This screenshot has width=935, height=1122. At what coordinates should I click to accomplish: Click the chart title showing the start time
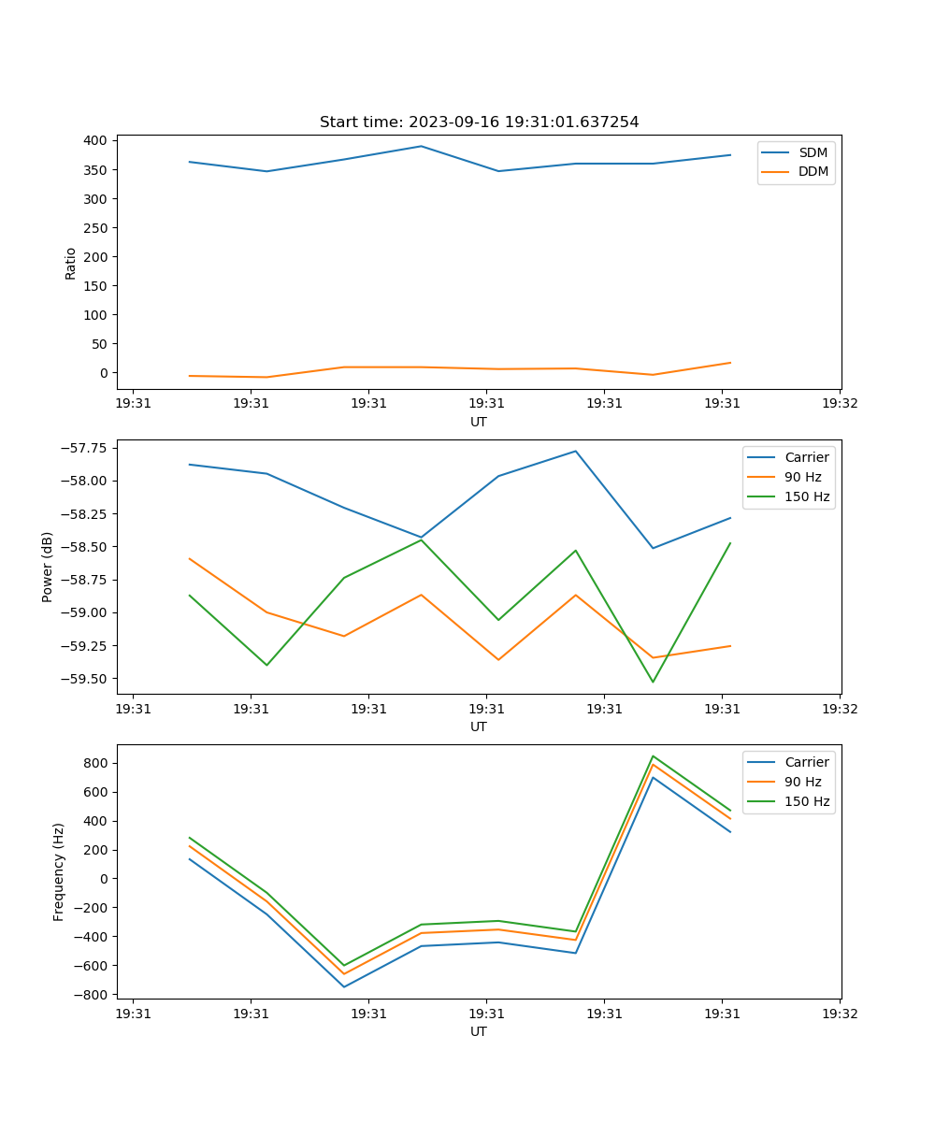point(479,122)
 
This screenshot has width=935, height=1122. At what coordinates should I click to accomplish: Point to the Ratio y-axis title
point(71,263)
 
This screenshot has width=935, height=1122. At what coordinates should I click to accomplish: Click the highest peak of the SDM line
point(421,146)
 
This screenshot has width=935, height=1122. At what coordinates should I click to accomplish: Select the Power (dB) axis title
point(48,567)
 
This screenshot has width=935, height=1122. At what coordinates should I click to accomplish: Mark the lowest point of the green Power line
point(653,682)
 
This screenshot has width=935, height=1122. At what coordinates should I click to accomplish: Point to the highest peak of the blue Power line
point(576,451)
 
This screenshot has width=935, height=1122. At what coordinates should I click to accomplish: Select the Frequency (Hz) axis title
point(59,871)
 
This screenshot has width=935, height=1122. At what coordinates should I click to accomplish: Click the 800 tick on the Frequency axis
point(95,763)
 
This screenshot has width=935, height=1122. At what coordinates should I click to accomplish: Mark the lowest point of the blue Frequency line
point(344,986)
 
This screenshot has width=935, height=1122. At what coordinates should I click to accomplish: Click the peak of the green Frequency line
point(653,756)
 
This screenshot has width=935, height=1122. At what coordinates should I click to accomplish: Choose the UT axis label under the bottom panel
point(479,1031)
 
